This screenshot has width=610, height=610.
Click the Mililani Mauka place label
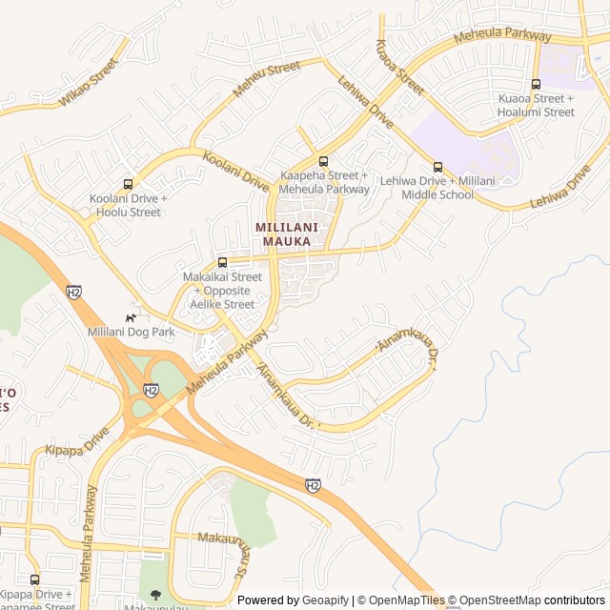(x=283, y=234)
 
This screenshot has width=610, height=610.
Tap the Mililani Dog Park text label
(x=132, y=332)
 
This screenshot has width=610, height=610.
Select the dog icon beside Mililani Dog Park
(x=131, y=317)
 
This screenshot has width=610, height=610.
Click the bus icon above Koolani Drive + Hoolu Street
(x=128, y=184)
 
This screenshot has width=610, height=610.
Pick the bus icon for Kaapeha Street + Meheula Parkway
(x=323, y=161)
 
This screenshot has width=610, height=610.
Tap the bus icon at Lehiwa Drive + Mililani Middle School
(x=437, y=167)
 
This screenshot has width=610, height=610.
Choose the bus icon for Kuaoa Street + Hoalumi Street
(x=536, y=84)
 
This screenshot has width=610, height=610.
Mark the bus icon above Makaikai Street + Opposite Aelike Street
(x=222, y=262)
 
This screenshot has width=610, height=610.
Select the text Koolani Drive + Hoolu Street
(x=128, y=205)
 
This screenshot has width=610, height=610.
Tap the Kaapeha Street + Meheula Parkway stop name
(x=324, y=182)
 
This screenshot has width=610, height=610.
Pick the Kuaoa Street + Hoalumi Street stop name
(x=536, y=105)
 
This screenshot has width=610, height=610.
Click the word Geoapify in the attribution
(x=325, y=600)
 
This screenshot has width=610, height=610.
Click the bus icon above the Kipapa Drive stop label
(x=35, y=579)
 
